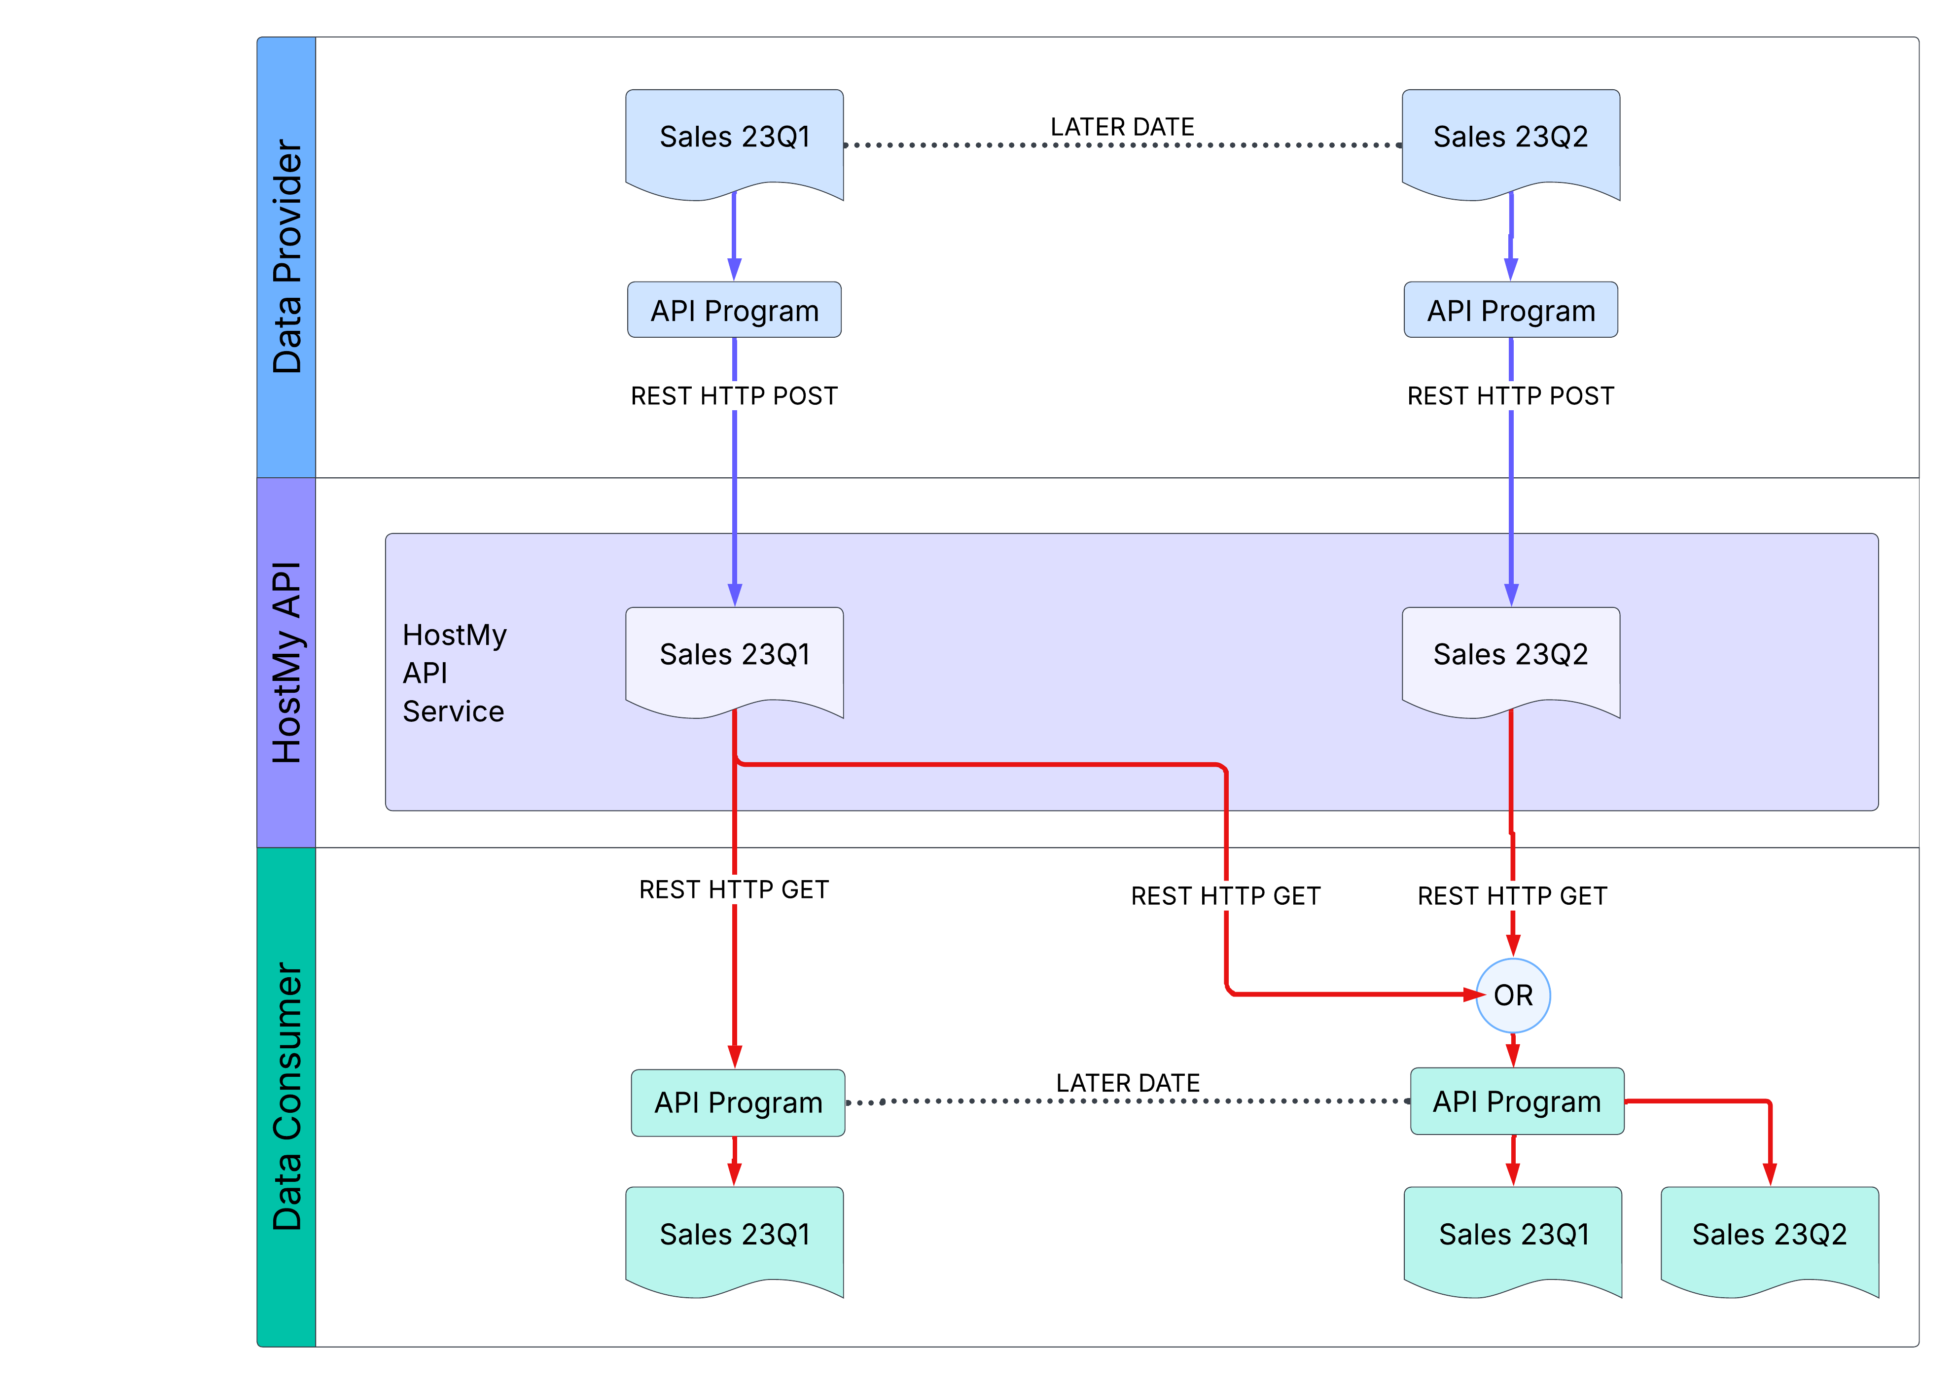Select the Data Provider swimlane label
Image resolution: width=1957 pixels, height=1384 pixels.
pos(286,256)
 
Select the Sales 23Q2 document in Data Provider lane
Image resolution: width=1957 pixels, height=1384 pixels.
pos(1510,138)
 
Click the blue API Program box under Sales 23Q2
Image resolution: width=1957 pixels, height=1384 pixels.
pos(1510,310)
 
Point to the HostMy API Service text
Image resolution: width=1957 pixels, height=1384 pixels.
pos(454,673)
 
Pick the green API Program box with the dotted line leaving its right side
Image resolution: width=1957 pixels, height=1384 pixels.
pos(738,1103)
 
